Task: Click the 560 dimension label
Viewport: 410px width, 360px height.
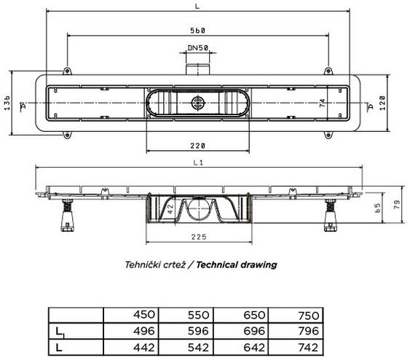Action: [197, 31]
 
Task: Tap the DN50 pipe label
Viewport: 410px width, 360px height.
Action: [198, 48]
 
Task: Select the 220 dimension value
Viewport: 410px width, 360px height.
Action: [197, 146]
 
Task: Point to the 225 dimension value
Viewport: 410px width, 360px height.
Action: [199, 237]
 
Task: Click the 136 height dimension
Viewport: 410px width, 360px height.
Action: [7, 103]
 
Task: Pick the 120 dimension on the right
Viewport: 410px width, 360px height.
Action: [382, 103]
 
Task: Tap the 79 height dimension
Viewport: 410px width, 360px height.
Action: [397, 204]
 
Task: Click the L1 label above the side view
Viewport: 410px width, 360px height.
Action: [198, 163]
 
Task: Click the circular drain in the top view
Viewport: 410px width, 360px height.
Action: [197, 103]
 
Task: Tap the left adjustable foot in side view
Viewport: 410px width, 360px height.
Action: [67, 216]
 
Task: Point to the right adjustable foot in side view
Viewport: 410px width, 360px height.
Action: [331, 216]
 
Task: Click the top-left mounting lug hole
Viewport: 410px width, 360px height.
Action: [67, 71]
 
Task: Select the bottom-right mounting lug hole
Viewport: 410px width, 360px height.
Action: [328, 135]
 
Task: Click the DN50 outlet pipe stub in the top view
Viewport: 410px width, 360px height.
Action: [197, 69]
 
